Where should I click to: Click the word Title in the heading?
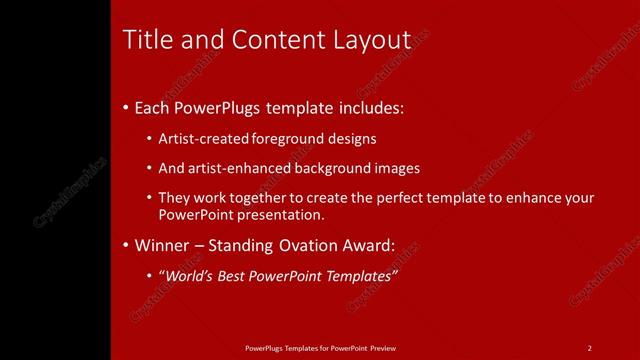pyautogui.click(x=144, y=40)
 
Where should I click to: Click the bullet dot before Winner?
pyautogui.click(x=125, y=244)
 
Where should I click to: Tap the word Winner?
pyautogui.click(x=161, y=244)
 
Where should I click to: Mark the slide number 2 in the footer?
pyautogui.click(x=590, y=347)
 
